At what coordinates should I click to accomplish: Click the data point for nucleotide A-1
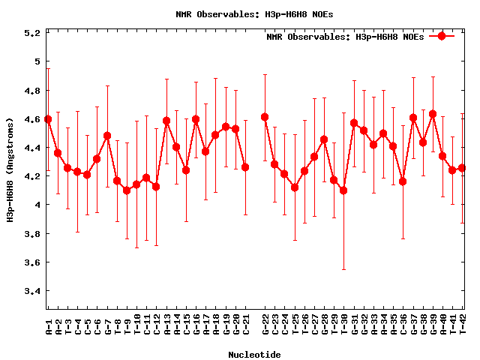coord(48,119)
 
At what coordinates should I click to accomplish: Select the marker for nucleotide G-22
coord(265,117)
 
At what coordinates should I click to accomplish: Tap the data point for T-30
coord(343,190)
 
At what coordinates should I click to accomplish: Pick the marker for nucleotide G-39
coord(433,114)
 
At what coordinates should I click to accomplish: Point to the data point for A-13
coord(166,121)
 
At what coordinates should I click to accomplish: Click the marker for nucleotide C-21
coord(245,167)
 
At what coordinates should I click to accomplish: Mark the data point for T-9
coord(127,190)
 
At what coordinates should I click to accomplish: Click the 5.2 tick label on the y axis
coord(32,33)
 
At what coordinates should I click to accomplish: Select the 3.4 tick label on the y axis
coord(32,291)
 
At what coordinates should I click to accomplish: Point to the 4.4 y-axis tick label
coord(32,148)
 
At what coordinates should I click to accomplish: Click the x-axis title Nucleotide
coord(255,355)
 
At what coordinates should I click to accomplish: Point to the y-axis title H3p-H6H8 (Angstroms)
coord(10,170)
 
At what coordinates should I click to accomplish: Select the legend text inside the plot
coord(344,37)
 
